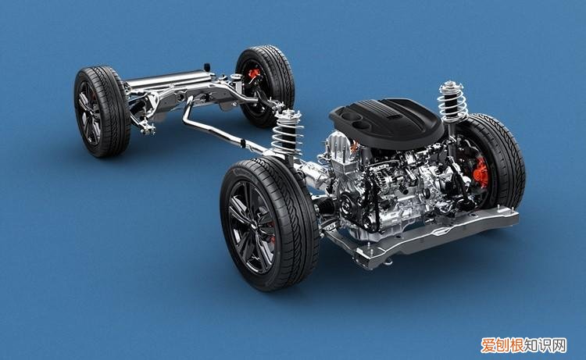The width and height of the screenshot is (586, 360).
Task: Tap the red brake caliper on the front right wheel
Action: pyautogui.click(x=481, y=172)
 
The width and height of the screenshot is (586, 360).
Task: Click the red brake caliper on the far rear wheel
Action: pyautogui.click(x=253, y=74)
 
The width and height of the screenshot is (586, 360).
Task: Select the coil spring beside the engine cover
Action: pyautogui.click(x=452, y=100)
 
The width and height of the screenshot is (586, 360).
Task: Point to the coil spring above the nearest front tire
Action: pyautogui.click(x=287, y=133)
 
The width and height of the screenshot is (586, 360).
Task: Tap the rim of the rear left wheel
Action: pyautogui.click(x=89, y=112)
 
